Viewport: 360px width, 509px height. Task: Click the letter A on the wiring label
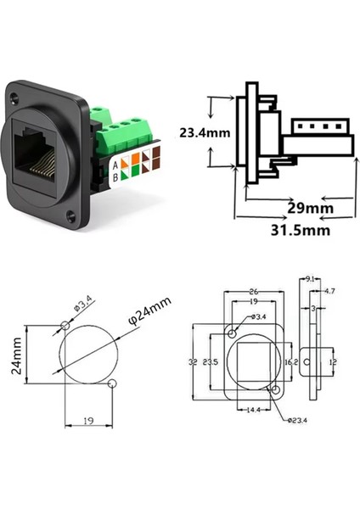[115, 166]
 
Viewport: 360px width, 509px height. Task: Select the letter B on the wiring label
[115, 179]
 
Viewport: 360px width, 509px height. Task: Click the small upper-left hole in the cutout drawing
[67, 326]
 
